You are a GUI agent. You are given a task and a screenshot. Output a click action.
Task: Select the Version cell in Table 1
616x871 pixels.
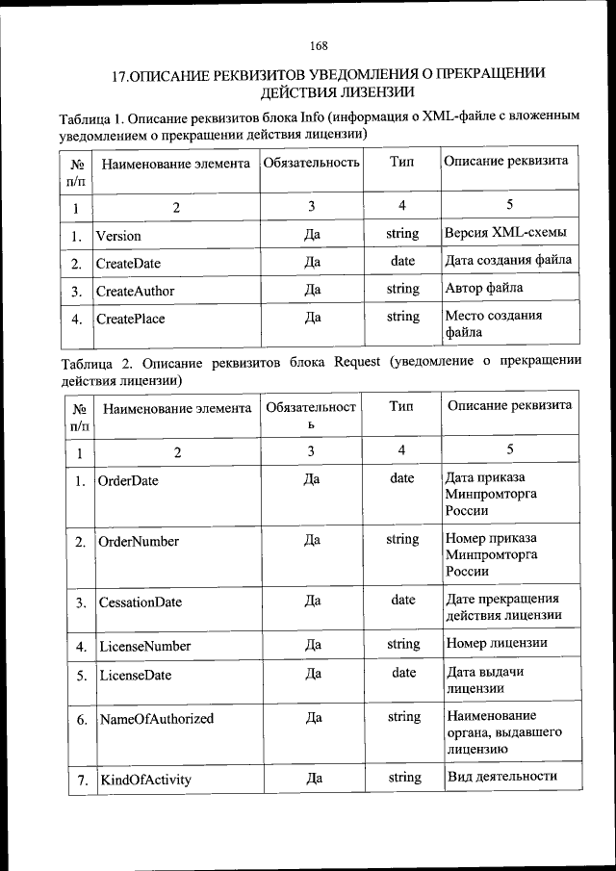pyautogui.click(x=118, y=236)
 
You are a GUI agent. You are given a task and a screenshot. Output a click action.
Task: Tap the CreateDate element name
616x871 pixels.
pyautogui.click(x=128, y=263)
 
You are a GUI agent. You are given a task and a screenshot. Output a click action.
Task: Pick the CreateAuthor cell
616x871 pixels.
pyautogui.click(x=135, y=290)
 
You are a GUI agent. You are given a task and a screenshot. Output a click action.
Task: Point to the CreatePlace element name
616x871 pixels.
pyautogui.click(x=130, y=319)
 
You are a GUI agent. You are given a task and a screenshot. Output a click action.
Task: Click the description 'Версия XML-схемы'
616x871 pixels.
pyautogui.click(x=505, y=233)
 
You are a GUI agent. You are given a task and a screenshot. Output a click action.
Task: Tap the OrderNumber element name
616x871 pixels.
pyautogui.click(x=139, y=542)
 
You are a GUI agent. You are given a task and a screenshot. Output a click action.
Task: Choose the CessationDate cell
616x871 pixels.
pyautogui.click(x=141, y=602)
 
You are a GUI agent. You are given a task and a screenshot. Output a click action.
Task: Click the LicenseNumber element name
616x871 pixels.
pyautogui.click(x=144, y=646)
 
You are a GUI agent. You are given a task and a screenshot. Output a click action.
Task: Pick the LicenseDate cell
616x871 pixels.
pyautogui.click(x=135, y=676)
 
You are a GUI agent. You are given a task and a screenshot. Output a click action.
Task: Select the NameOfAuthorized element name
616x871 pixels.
pyautogui.click(x=157, y=718)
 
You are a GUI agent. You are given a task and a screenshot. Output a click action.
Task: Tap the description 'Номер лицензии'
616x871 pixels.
pyautogui.click(x=498, y=643)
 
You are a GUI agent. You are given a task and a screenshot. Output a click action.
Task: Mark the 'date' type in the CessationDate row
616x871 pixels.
pyautogui.click(x=403, y=600)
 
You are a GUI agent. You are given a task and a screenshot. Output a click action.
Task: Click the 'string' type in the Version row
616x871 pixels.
pyautogui.click(x=402, y=233)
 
